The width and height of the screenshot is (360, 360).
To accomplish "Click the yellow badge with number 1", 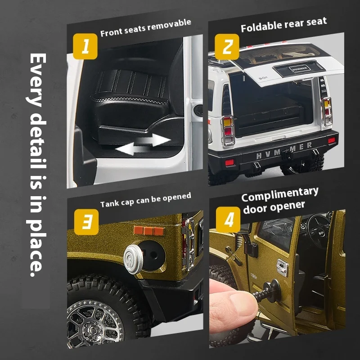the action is (85, 46).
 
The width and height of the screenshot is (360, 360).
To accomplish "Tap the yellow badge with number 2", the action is (227, 47).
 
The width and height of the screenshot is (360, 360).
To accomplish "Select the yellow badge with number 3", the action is (86, 222).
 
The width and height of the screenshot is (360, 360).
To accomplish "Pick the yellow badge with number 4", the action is (228, 220).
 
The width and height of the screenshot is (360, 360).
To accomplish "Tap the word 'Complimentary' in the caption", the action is (280, 194).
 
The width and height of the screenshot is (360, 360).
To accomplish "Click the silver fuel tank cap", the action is (133, 259).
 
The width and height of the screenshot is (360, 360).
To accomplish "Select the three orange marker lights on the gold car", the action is (148, 230).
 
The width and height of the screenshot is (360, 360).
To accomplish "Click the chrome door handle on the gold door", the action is (283, 267).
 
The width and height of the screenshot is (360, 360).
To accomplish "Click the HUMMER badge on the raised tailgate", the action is (300, 69).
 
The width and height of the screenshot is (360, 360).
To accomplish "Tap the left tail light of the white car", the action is (228, 130).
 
